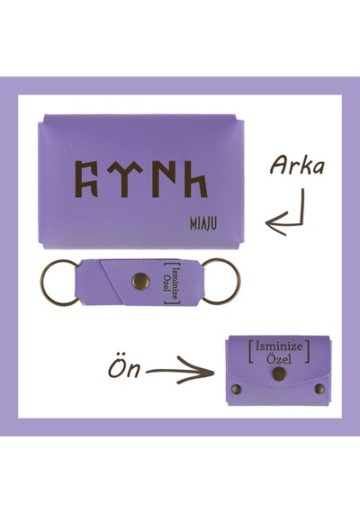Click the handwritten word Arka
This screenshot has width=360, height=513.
point(297,166)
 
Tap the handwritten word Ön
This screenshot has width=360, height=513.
point(125,367)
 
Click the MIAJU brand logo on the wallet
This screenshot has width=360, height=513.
point(203,224)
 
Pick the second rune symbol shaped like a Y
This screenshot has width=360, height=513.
point(124,179)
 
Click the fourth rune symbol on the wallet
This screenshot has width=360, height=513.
point(196,179)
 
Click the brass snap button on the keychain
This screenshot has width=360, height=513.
point(140,282)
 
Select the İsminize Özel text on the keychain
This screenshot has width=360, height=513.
point(172,283)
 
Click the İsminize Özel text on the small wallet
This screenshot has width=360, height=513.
point(279,353)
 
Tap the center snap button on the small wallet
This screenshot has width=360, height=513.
point(279,374)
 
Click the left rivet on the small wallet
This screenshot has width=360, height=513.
point(237,389)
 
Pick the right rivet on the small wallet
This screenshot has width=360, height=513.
point(319,389)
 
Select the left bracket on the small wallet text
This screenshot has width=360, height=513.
point(251,353)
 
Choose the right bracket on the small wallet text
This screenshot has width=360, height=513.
point(307,353)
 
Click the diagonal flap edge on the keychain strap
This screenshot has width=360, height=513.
point(112,283)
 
